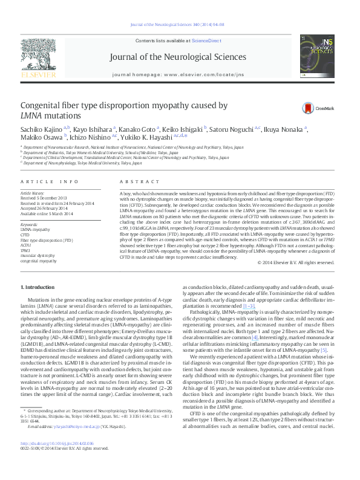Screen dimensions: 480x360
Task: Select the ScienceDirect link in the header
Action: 206,40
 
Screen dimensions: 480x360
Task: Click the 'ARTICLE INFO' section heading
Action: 49,181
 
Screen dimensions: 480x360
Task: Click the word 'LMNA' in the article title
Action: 33,115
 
